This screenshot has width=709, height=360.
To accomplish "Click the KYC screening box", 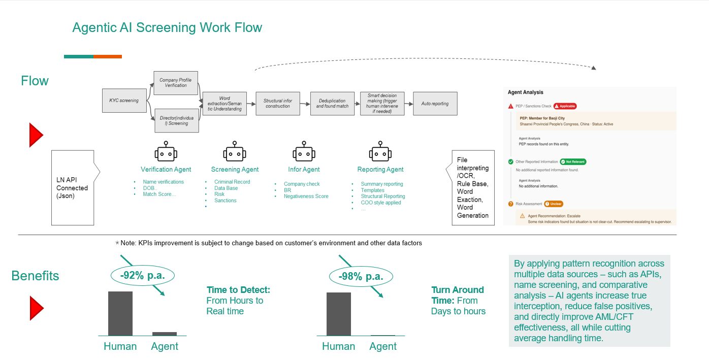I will [x=124, y=101].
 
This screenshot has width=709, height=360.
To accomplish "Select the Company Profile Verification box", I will [x=176, y=83].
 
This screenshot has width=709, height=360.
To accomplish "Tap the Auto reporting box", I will [x=435, y=104].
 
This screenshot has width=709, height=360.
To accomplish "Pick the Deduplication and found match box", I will [x=332, y=104].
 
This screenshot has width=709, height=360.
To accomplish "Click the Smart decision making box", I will [x=382, y=104].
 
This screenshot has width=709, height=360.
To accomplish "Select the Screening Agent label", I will [x=235, y=170].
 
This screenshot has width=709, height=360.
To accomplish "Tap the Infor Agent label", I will [x=304, y=170].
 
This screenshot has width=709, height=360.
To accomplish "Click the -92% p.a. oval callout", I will [x=142, y=276].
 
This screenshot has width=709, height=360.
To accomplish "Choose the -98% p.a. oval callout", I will [x=361, y=277].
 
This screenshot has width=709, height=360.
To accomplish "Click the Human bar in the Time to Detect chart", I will [x=120, y=313].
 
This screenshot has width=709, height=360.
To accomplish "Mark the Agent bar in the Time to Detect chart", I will [x=165, y=334].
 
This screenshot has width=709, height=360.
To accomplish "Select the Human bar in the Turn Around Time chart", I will [x=339, y=314].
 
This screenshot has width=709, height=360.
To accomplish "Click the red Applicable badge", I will [x=565, y=106].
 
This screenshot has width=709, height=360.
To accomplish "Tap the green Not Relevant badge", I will [x=573, y=161].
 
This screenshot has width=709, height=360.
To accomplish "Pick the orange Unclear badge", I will [x=554, y=204].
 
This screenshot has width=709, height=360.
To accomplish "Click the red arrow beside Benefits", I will [x=36, y=308].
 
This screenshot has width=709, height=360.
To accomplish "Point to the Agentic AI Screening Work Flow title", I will [x=167, y=27].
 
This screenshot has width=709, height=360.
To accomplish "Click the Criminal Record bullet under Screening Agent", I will [x=232, y=182].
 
